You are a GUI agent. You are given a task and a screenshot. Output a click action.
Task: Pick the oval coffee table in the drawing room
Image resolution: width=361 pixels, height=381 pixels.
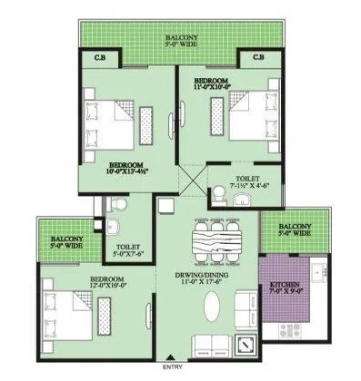point(213,309)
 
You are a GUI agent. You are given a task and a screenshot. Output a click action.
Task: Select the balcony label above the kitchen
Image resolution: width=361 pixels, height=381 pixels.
point(294,230)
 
